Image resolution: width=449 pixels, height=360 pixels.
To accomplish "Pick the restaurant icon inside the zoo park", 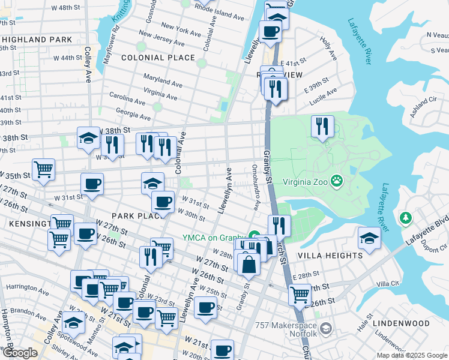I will click(322, 126).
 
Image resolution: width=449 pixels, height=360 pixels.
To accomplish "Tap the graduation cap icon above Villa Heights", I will click(369, 238).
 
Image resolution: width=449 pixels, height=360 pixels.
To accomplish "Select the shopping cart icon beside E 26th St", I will click(300, 294).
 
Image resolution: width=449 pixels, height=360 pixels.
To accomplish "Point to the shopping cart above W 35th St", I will click(43, 170).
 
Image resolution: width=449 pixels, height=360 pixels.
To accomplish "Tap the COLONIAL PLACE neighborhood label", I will click(158, 58).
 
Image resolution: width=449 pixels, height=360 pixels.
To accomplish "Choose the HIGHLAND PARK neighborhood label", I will click(37, 40).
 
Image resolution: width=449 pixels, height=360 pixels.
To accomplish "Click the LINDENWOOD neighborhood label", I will click(401, 323).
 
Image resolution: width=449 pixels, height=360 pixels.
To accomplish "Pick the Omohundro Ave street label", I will click(256, 188).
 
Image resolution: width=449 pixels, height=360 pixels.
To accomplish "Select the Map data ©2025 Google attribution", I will click(411, 355).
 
